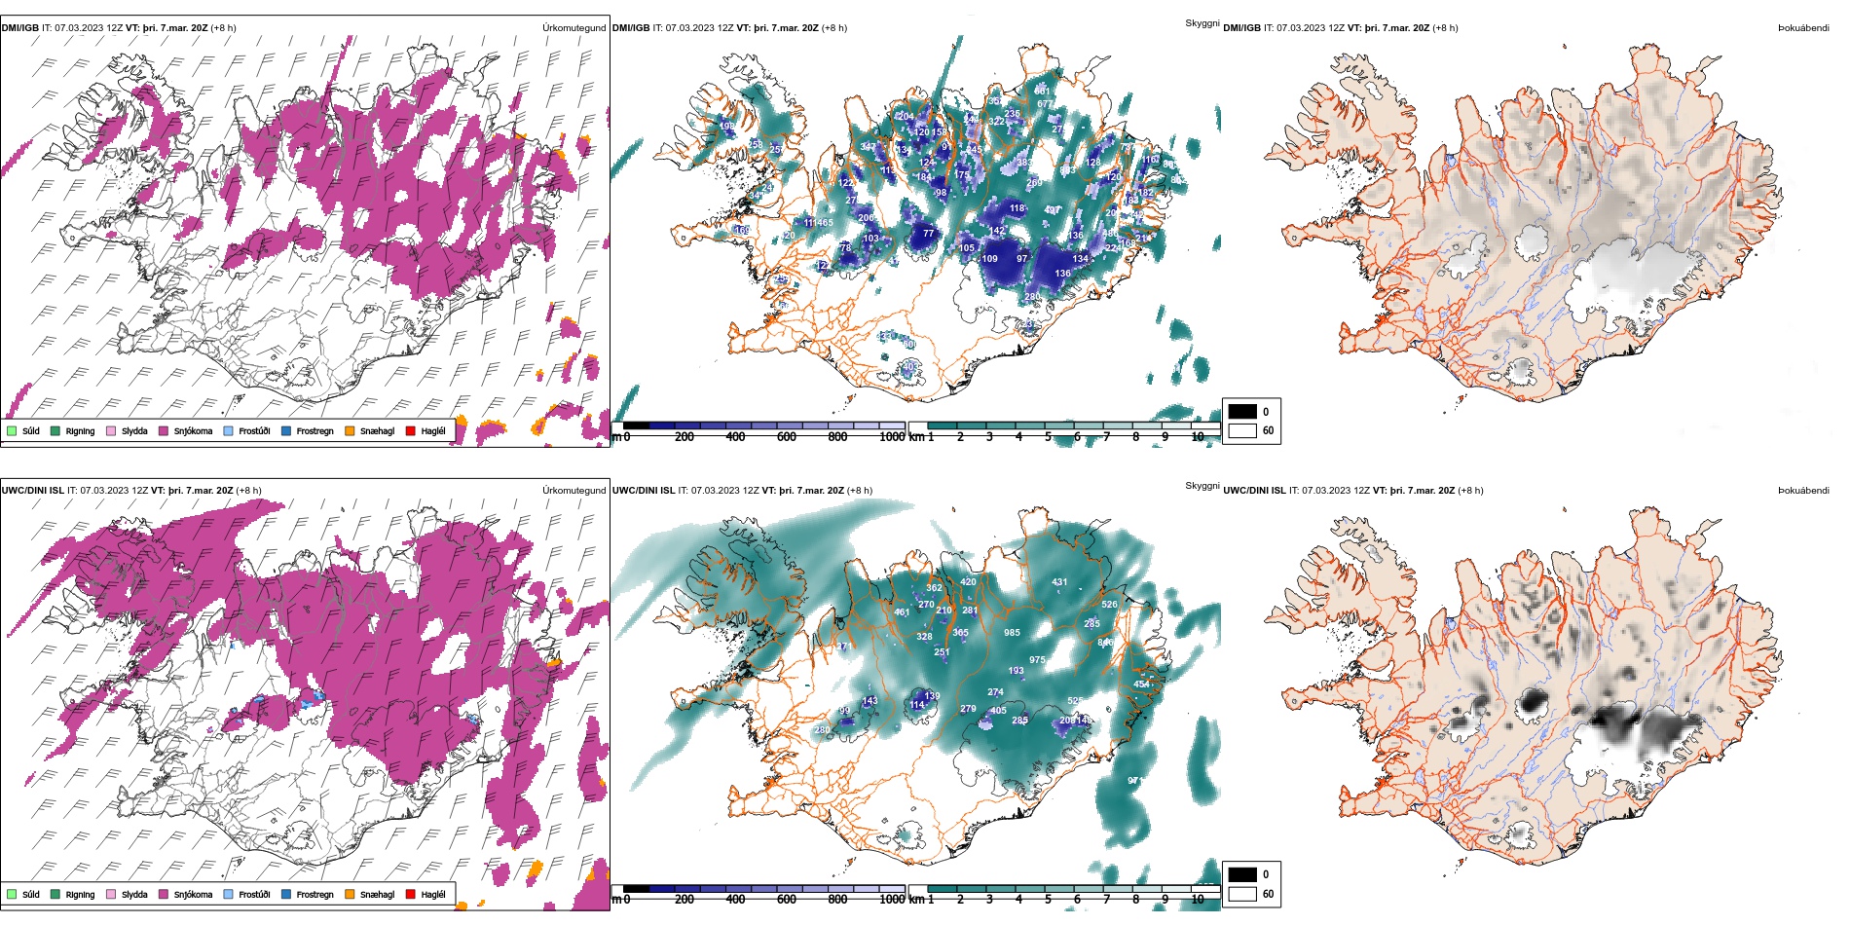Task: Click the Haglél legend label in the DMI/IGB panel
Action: click(x=433, y=431)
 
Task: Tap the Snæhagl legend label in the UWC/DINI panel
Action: click(x=377, y=895)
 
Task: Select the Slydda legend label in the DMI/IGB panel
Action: click(x=134, y=431)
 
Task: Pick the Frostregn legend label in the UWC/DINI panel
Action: click(x=314, y=895)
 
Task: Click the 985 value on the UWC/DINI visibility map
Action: click(x=1013, y=633)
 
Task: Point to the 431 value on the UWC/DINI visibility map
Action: click(x=1059, y=582)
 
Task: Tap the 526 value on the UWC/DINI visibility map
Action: click(x=1109, y=605)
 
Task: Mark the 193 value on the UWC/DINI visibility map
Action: click(x=1016, y=671)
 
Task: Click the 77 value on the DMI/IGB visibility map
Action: click(x=928, y=234)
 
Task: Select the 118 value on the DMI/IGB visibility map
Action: click(x=1017, y=208)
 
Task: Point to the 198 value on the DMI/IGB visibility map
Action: click(x=726, y=127)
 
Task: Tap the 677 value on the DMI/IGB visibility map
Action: click(x=1045, y=104)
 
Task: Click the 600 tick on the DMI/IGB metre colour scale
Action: click(x=787, y=437)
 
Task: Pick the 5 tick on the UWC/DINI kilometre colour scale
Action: click(x=1048, y=900)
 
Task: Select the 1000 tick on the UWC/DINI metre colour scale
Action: click(x=892, y=900)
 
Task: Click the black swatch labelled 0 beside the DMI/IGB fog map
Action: click(x=1242, y=412)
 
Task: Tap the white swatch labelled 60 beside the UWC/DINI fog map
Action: click(x=1242, y=894)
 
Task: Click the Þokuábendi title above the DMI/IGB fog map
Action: click(x=1803, y=28)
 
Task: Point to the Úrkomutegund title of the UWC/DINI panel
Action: click(x=573, y=491)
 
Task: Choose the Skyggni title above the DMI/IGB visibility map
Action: click(x=1202, y=23)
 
